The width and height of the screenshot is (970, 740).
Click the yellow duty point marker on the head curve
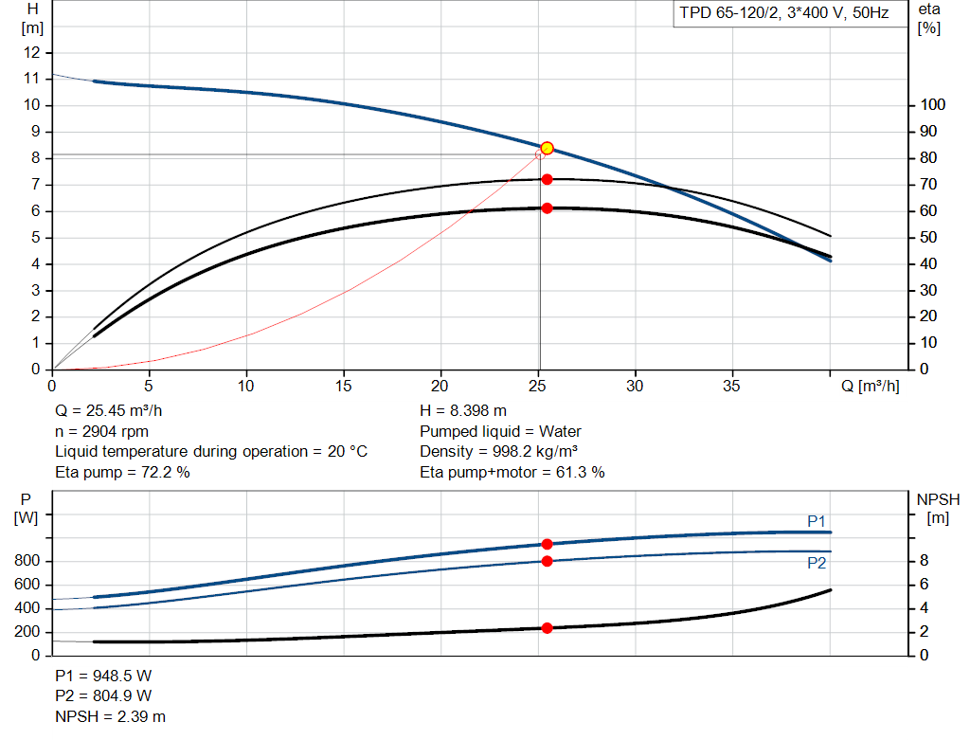[547, 149]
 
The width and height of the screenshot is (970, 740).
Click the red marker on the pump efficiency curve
[547, 179]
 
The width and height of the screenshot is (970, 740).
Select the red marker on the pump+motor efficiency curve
[547, 208]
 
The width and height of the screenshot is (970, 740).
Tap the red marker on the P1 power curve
[547, 544]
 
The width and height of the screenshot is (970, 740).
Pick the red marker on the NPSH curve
[547, 628]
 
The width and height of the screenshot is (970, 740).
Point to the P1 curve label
[817, 521]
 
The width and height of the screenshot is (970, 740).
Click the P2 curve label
[817, 563]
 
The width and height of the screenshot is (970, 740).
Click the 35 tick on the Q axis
[732, 386]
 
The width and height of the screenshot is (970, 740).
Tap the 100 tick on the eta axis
[933, 105]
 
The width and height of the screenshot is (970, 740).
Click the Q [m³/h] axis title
[871, 386]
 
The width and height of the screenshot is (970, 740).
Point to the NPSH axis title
[938, 499]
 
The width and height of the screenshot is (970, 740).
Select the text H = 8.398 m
[462, 411]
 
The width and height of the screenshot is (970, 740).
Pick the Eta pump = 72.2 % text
[122, 472]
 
